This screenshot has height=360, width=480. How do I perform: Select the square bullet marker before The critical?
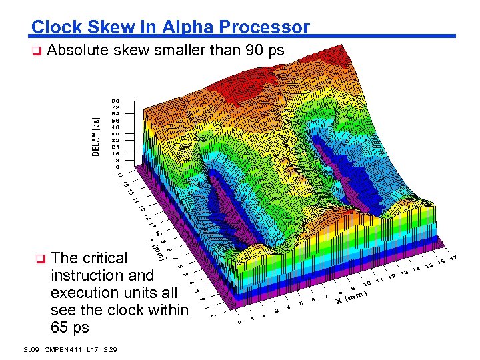click(x=39, y=258)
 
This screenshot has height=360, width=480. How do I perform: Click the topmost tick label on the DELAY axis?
click(x=115, y=101)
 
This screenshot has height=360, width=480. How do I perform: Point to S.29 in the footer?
click(x=111, y=349)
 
